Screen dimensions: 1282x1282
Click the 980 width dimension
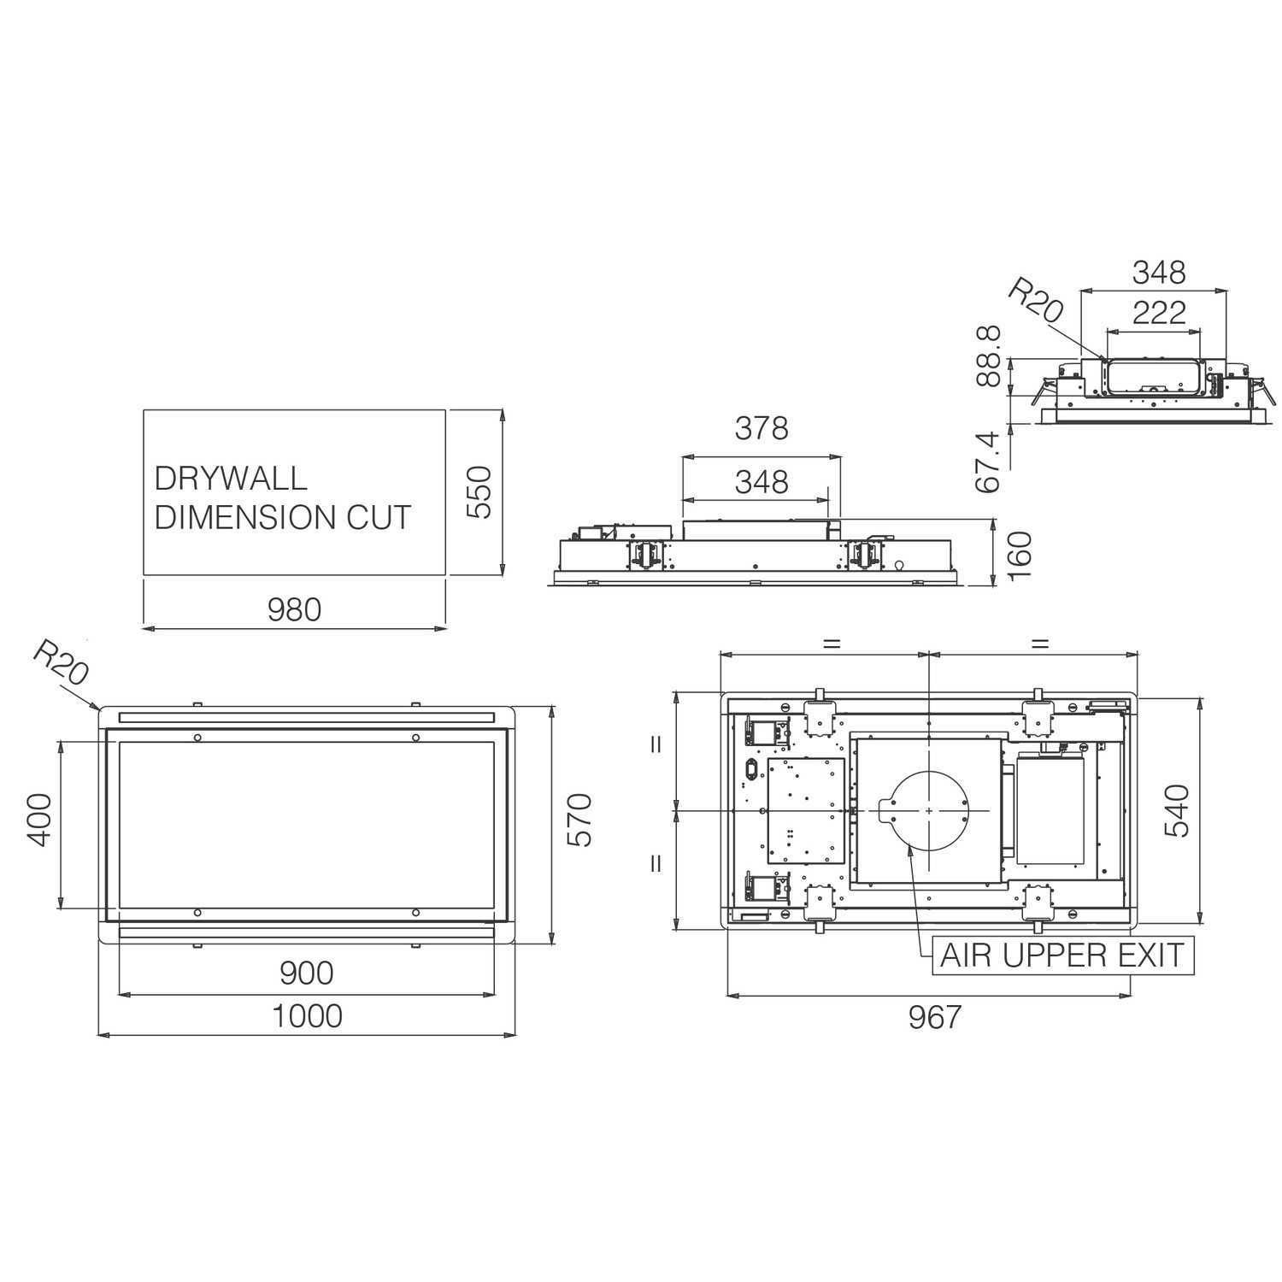tap(294, 609)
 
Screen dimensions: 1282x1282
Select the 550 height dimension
tap(480, 492)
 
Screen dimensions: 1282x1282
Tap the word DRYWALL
tap(231, 478)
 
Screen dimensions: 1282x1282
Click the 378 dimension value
tap(762, 428)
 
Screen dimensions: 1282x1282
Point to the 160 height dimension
tap(1020, 555)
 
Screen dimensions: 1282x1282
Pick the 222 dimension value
tap(1159, 312)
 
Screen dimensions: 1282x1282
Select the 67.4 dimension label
tap(988, 462)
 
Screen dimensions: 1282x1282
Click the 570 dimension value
tap(579, 820)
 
